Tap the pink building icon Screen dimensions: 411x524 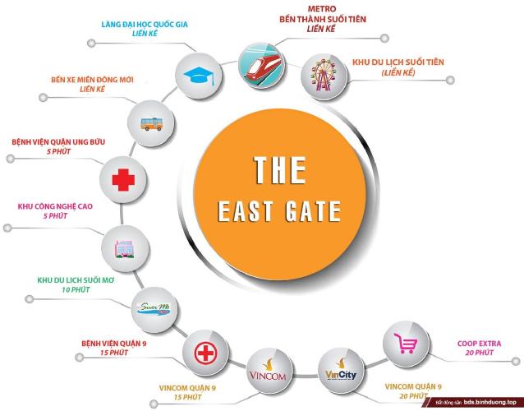click(122, 247)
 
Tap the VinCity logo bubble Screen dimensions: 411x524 click(339, 369)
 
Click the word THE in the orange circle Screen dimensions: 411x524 click(279, 171)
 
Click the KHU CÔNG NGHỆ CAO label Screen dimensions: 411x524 click(53, 207)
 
